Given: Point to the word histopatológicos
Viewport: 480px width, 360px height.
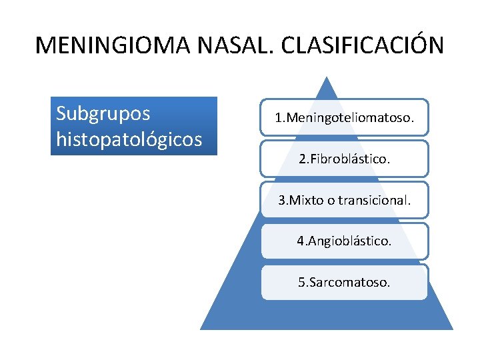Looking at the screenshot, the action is tap(129, 139).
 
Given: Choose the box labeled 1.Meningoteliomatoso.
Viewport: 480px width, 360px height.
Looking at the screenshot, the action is tap(344, 118).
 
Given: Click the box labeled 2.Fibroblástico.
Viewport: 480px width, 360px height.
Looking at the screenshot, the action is tap(344, 159).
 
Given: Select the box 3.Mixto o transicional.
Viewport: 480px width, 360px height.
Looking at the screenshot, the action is tap(344, 200).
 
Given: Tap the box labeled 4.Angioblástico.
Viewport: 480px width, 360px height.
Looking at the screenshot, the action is tap(344, 241).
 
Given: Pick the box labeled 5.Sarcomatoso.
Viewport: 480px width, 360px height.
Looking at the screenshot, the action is tap(344, 282).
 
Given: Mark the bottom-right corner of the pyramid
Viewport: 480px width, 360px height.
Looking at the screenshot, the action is tap(452, 328).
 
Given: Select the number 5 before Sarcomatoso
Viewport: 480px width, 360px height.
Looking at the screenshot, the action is tap(301, 282).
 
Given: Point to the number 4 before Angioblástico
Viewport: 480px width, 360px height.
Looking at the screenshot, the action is tap(300, 241).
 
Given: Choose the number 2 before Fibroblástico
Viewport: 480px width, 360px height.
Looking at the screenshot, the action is tap(302, 159).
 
